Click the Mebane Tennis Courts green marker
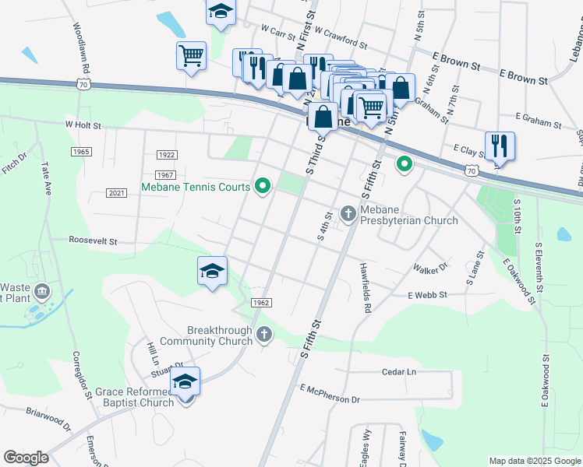tap(263, 186)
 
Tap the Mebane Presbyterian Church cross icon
tap(348, 212)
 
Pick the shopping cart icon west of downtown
tap(191, 56)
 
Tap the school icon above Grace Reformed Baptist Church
tap(185, 383)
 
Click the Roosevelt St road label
tap(93, 241)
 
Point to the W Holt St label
tap(83, 124)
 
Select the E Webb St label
tap(426, 295)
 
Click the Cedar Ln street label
tap(399, 372)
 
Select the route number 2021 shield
tap(116, 193)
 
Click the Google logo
tap(26, 458)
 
